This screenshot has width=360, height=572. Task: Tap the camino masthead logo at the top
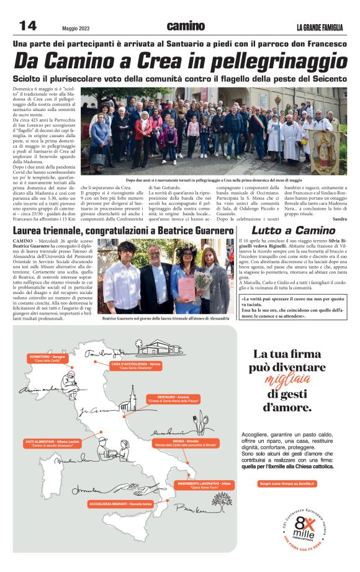pyautogui.click(x=186, y=25)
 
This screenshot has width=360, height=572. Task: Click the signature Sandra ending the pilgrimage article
pyautogui.click(x=340, y=220)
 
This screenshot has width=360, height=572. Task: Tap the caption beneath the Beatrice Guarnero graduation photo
pyautogui.click(x=166, y=318)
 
